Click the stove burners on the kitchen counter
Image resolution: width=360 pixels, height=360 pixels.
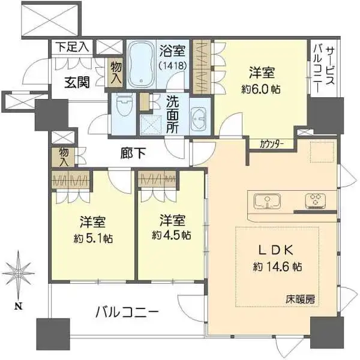(x=316, y=200)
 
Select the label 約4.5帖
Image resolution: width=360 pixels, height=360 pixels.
(x=171, y=235)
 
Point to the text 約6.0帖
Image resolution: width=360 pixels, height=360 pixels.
(x=262, y=89)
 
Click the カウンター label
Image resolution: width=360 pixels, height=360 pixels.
(x=272, y=144)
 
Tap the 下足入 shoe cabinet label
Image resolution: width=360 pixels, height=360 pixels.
(x=72, y=46)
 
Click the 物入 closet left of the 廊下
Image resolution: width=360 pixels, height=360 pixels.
(x=64, y=157)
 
